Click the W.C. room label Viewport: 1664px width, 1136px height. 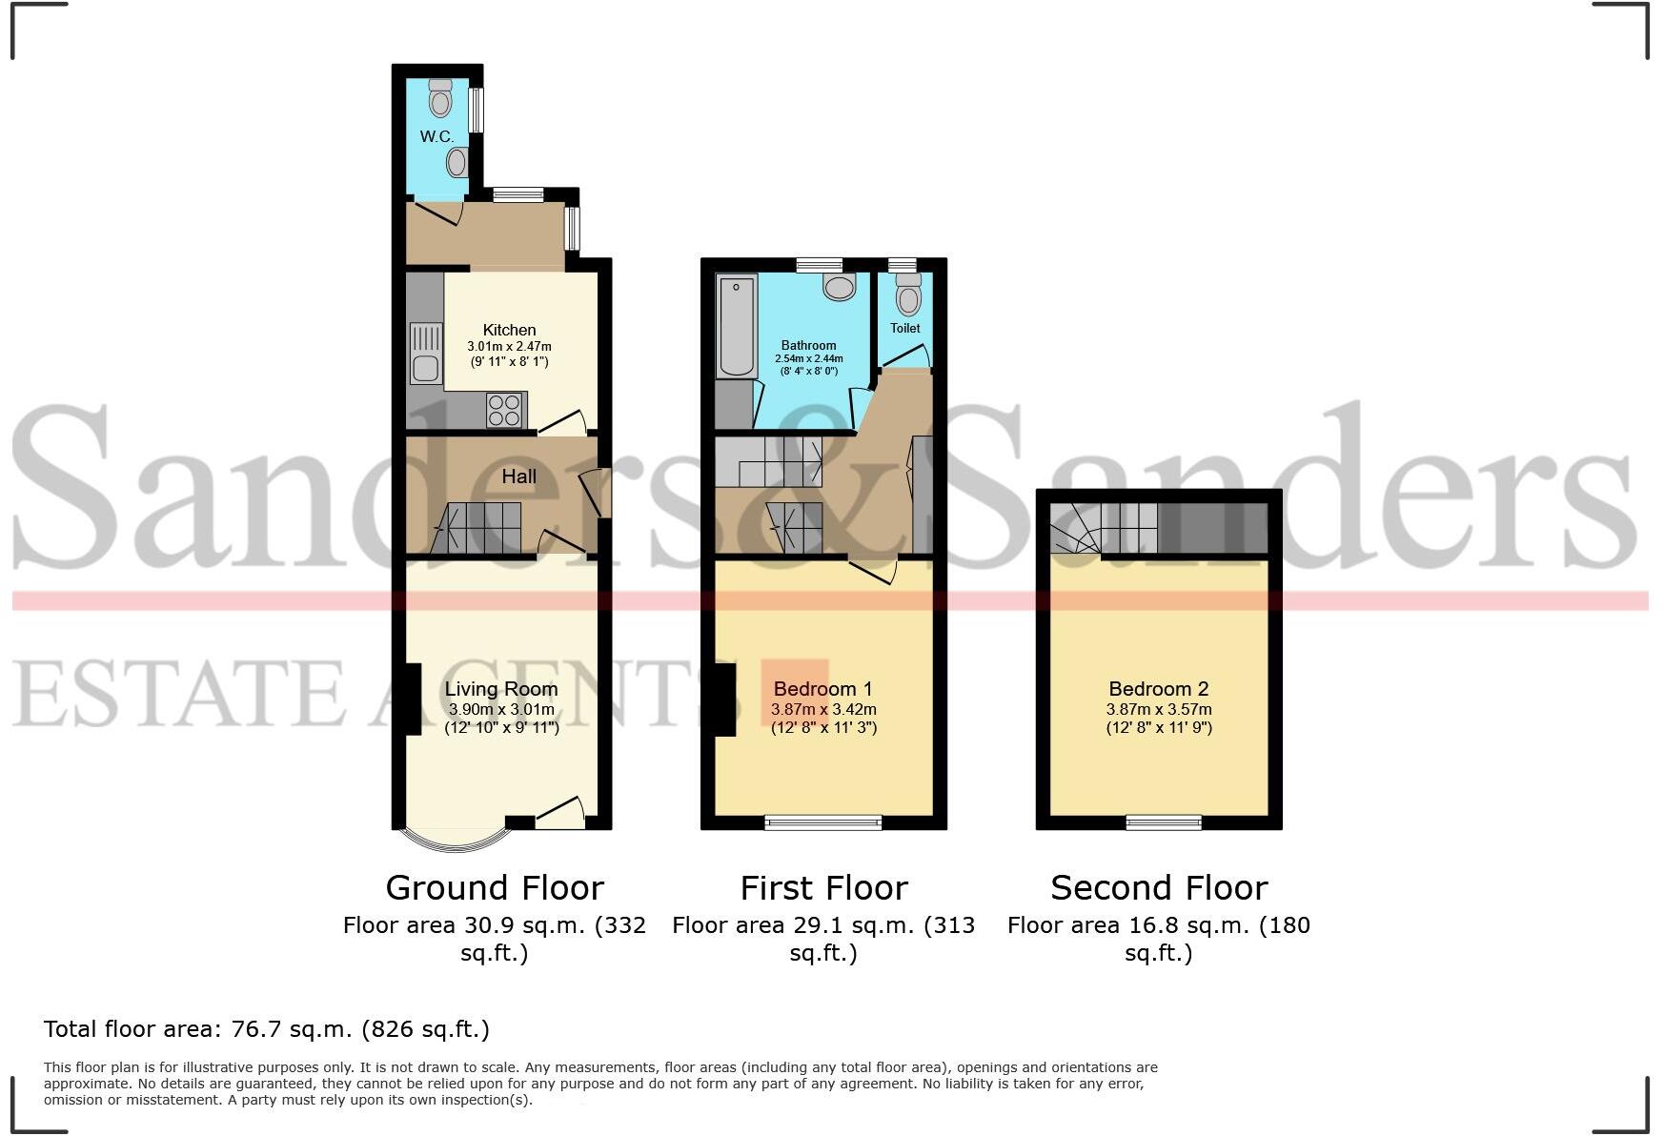pyautogui.click(x=436, y=136)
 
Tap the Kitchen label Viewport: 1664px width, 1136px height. pyautogui.click(x=509, y=330)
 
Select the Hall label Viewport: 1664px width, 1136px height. pyautogui.click(x=518, y=477)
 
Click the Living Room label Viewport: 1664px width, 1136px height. pyautogui.click(x=501, y=688)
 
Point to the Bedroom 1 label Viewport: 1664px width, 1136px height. pyautogui.click(x=822, y=688)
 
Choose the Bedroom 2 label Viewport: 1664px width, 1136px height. pyautogui.click(x=1158, y=688)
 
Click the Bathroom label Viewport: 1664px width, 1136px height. pyautogui.click(x=808, y=345)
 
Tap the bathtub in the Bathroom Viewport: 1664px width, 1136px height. pyautogui.click(x=736, y=326)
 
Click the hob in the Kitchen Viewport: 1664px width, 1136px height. pyautogui.click(x=504, y=410)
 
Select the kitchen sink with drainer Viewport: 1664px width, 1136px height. pyautogui.click(x=425, y=353)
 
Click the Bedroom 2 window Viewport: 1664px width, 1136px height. pyautogui.click(x=1164, y=822)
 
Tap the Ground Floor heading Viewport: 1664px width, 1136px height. pyautogui.click(x=495, y=888)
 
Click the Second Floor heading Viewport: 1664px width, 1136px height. pyautogui.click(x=1159, y=888)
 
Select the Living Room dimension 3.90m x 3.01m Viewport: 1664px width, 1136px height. pyautogui.click(x=501, y=709)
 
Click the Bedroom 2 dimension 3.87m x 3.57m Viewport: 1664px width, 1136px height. pyautogui.click(x=1158, y=709)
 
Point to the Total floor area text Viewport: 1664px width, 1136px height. pyautogui.click(x=267, y=1029)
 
